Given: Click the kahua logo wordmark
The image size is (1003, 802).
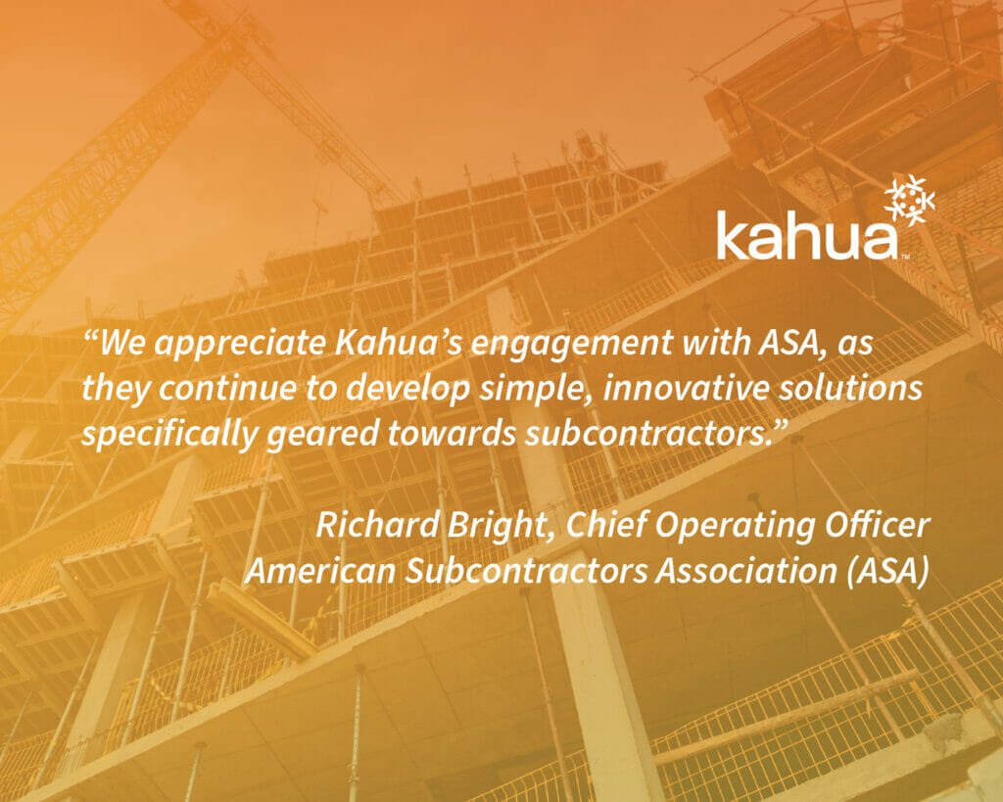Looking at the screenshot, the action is pos(807,234).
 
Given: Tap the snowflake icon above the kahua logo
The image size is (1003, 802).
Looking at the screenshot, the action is pos(908,202).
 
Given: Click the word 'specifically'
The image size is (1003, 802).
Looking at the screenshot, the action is pos(168,435).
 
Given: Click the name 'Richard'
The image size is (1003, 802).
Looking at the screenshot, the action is pos(376,525).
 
